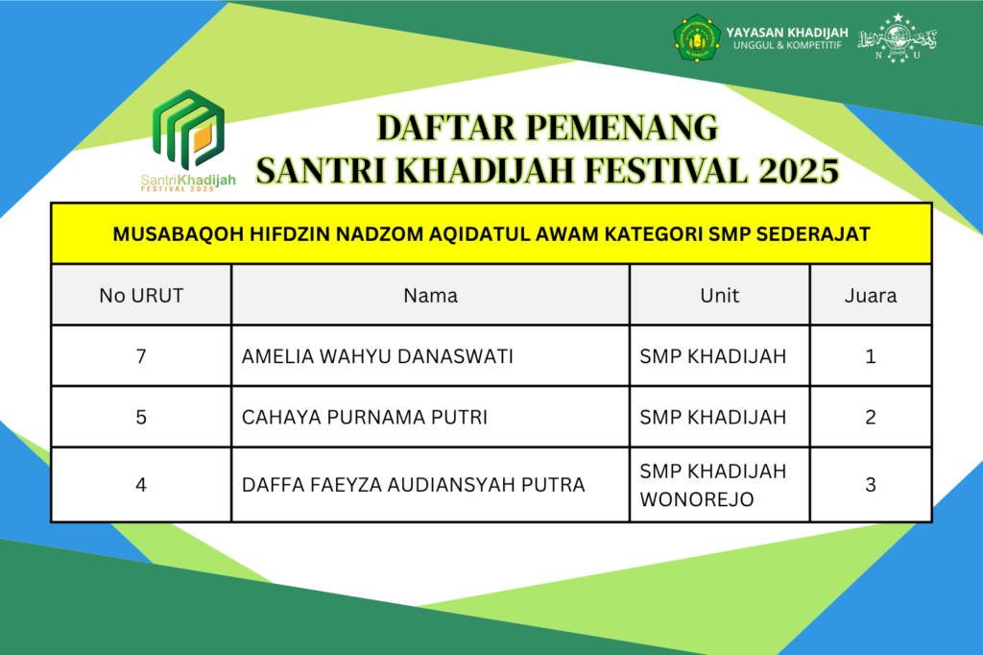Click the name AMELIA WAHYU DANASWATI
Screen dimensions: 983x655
pos(377,356)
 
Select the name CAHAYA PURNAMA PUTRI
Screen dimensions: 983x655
pos(364,417)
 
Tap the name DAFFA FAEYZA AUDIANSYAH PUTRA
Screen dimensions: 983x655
pos(413,485)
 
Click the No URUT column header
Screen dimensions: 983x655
pos(141,296)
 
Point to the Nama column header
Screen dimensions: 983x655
pos(431,296)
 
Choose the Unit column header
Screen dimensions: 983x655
pos(720,296)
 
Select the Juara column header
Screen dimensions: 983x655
pos(871,296)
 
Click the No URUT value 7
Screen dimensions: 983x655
pos(141,356)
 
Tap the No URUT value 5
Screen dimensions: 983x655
pos(141,417)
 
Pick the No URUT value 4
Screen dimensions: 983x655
pos(141,485)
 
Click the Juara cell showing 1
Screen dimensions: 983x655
pos(871,356)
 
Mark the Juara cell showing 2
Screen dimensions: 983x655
pos(871,417)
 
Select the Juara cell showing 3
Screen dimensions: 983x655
pos(871,485)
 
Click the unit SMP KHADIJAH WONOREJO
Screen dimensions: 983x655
pos(713,485)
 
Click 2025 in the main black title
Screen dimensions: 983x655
pos(799,171)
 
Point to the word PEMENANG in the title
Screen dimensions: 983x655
pos(622,128)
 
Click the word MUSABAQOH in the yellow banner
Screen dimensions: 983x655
pos(178,234)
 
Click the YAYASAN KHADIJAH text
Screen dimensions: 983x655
pos(787,32)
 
